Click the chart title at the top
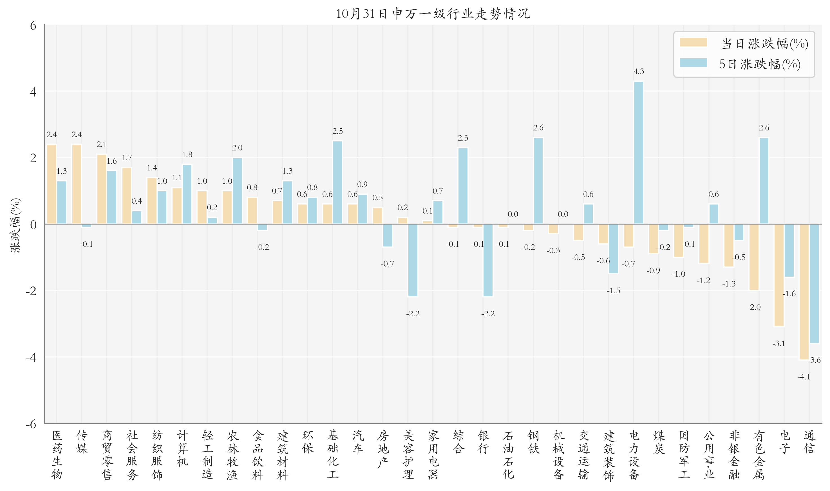(433, 14)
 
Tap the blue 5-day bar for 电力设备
(639, 152)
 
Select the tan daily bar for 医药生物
(52, 184)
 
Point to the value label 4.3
(639, 72)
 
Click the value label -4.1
(804, 377)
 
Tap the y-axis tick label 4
(33, 92)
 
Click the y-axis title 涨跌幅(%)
(15, 225)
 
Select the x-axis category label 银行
(483, 442)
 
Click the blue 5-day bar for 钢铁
(538, 181)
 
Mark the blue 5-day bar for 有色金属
(764, 181)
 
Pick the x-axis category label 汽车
(358, 442)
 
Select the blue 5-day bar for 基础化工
(337, 182)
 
